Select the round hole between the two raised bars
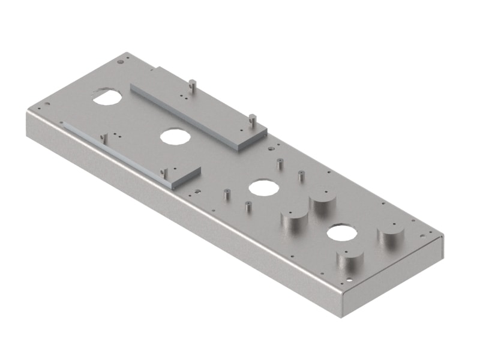click(x=175, y=136)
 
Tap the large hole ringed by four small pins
click(x=263, y=187)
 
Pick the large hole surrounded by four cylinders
click(x=342, y=233)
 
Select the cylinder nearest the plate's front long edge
click(x=350, y=262)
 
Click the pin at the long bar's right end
click(x=253, y=119)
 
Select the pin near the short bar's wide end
click(x=163, y=174)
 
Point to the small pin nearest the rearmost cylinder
click(x=301, y=176)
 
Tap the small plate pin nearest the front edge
click(x=247, y=208)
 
